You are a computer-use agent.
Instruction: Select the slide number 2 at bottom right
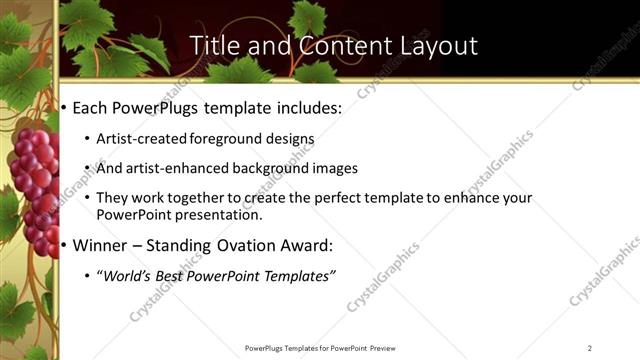(589, 348)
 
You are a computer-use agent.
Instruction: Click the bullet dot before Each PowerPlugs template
(65, 106)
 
